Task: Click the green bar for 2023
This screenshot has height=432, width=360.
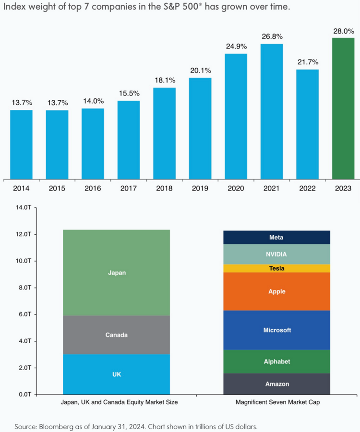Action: point(343,108)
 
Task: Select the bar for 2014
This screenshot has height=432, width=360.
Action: point(21,144)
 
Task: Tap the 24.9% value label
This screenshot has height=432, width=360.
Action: point(236,47)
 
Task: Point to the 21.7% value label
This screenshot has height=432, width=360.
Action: point(307,62)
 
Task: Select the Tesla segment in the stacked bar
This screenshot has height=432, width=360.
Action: point(276,268)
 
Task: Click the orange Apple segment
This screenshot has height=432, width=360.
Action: point(276,291)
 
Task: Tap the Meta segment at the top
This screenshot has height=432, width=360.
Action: point(276,237)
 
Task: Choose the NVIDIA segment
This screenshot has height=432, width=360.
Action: point(276,254)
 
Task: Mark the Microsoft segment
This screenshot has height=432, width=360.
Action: point(276,330)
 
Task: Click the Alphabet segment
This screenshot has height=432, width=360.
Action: point(276,361)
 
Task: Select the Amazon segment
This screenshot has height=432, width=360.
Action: point(276,384)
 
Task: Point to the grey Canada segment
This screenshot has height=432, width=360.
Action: point(116,335)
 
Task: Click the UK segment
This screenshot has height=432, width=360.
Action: point(116,374)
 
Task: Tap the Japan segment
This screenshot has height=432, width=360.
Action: point(116,272)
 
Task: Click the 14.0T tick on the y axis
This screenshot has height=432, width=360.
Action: point(23,208)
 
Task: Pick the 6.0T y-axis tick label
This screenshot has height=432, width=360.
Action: point(24,314)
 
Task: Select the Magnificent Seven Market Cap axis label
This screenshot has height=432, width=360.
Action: point(276,403)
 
